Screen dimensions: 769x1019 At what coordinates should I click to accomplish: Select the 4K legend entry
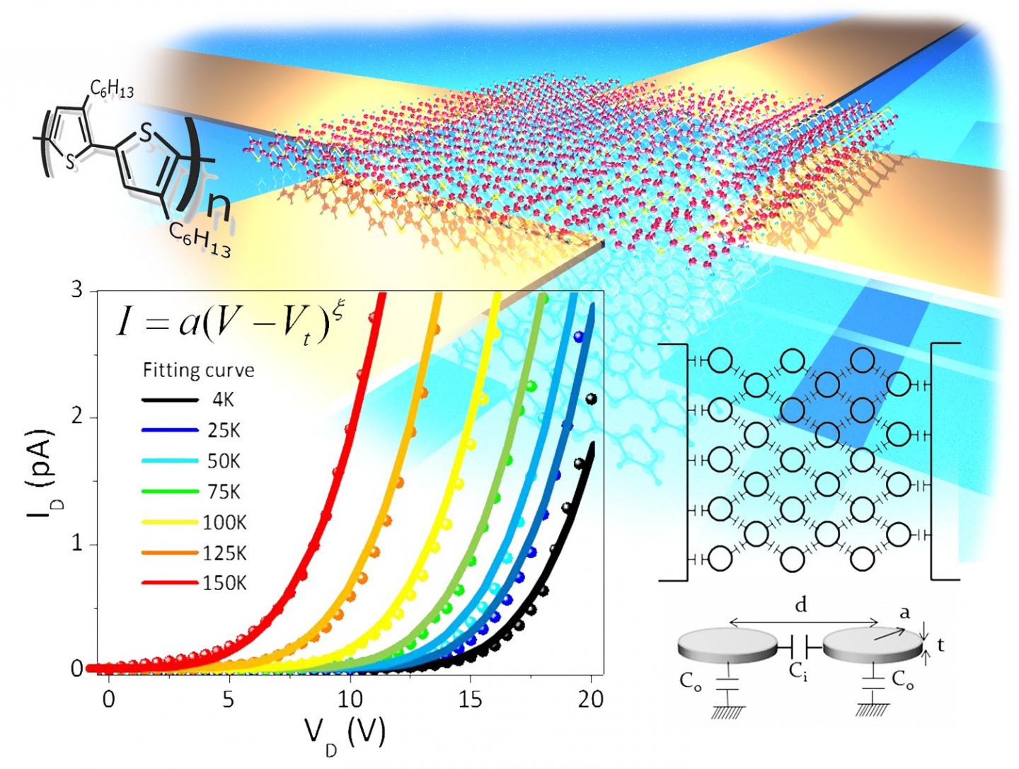(x=223, y=400)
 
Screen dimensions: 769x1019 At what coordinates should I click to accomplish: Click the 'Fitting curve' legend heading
(x=198, y=370)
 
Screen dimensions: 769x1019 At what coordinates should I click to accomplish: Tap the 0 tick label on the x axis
(x=108, y=699)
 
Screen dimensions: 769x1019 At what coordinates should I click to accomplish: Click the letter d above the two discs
(x=800, y=605)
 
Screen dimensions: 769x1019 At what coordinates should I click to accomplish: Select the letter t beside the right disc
(x=940, y=644)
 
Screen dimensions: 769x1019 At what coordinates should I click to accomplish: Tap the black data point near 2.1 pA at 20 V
(x=592, y=400)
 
